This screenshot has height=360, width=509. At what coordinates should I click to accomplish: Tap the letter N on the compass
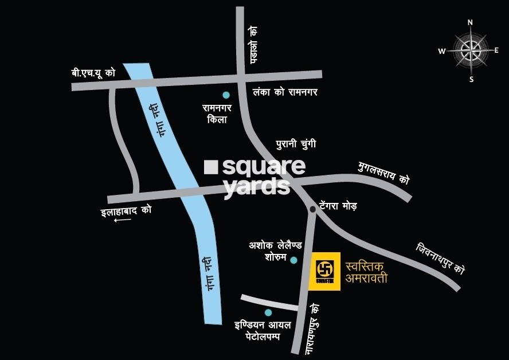click(470, 23)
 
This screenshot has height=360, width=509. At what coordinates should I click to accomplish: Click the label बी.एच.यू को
click(91, 73)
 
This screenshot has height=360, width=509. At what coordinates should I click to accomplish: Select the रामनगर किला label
click(218, 114)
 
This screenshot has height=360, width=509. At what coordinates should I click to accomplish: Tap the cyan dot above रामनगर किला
click(226, 95)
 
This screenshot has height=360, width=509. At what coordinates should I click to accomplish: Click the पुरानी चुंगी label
click(295, 143)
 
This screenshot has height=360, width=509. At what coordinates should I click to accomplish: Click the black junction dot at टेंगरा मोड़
click(312, 210)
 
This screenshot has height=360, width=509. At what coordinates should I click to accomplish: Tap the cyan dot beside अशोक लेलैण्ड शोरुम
click(293, 260)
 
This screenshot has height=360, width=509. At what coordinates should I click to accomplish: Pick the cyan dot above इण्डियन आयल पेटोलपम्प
click(268, 312)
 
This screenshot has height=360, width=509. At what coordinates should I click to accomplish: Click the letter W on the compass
click(442, 51)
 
